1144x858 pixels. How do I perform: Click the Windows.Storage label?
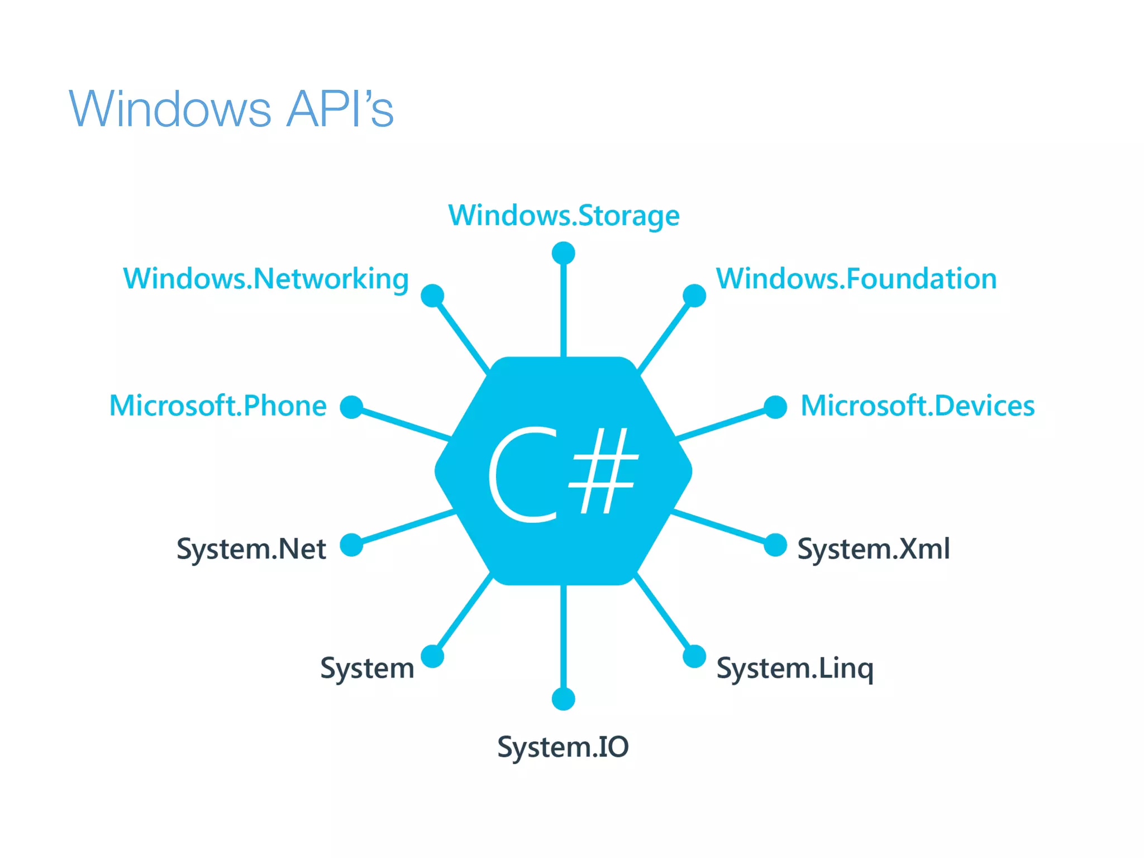pos(564,216)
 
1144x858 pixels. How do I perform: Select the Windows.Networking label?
pos(266,279)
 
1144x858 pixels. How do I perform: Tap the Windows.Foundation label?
pos(856,279)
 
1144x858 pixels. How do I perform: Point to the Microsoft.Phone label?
pos(218,406)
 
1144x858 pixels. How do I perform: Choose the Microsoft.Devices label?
pos(917,406)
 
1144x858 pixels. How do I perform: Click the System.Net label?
pos(251,549)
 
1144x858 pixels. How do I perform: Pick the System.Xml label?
pos(873,549)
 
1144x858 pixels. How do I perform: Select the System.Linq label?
pos(794,668)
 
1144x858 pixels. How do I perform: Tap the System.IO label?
pos(563,747)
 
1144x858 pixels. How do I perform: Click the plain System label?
pos(367,668)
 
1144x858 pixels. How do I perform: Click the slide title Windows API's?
pos(231,108)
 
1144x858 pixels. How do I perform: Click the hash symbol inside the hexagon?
pos(603,470)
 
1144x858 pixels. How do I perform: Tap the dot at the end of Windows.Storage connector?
pos(563,253)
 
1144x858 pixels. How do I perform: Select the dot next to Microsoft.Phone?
pos(351,407)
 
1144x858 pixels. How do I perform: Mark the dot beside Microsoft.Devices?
pos(775,407)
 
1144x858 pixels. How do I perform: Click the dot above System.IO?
pos(563,699)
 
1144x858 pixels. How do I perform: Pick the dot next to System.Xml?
pos(775,545)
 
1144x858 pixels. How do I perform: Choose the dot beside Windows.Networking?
pos(432,295)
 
